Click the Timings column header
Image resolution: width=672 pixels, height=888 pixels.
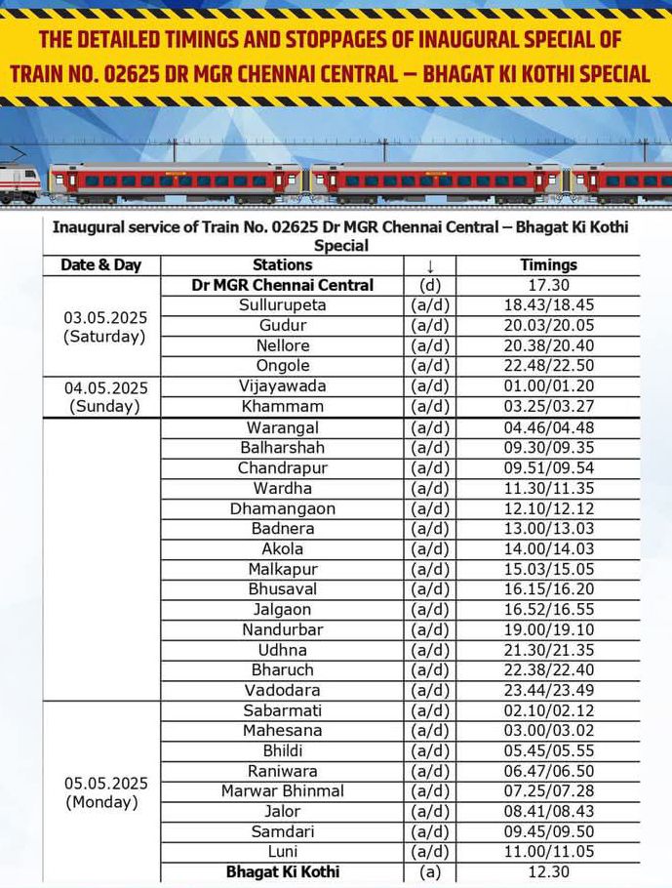(x=548, y=264)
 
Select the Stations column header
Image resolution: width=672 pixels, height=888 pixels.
(x=282, y=264)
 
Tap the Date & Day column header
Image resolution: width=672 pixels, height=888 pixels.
(x=101, y=264)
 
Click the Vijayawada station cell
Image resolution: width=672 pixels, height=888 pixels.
(x=282, y=386)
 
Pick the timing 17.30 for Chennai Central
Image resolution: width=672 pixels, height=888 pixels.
(x=548, y=285)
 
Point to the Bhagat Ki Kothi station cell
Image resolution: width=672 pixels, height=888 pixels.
(x=282, y=871)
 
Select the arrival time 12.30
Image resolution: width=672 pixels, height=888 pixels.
(x=548, y=871)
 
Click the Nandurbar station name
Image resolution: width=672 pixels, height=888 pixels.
(x=282, y=629)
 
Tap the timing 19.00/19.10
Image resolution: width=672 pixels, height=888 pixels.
(x=548, y=629)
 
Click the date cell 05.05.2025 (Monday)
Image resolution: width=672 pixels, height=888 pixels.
(x=101, y=792)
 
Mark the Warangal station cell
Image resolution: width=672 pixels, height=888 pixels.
(x=282, y=427)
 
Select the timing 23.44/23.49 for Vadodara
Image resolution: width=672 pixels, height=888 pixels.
(x=548, y=690)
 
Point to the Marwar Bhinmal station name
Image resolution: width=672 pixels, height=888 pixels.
(x=282, y=790)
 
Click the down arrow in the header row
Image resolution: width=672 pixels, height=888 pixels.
(x=429, y=265)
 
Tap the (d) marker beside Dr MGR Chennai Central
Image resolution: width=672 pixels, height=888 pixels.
(x=429, y=285)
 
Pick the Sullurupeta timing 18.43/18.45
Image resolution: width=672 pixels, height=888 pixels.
(x=548, y=305)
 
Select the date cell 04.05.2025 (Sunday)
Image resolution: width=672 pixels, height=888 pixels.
(x=101, y=396)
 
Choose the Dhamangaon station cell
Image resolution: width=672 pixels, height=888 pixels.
(x=282, y=508)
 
